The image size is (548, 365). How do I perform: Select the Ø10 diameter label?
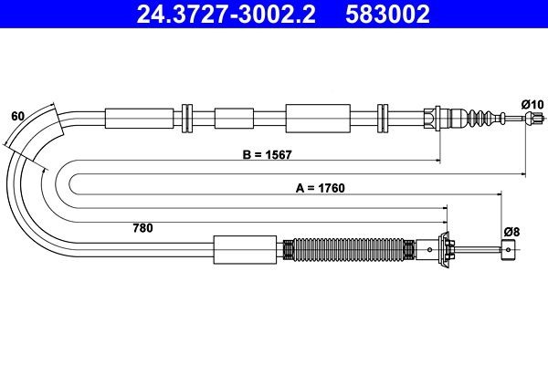point(532,105)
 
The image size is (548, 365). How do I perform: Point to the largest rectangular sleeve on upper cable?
point(318,118)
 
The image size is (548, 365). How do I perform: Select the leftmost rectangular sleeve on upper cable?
point(138,118)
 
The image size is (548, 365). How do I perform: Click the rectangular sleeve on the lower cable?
point(244,248)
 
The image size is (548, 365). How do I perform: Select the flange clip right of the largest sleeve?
point(384,118)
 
